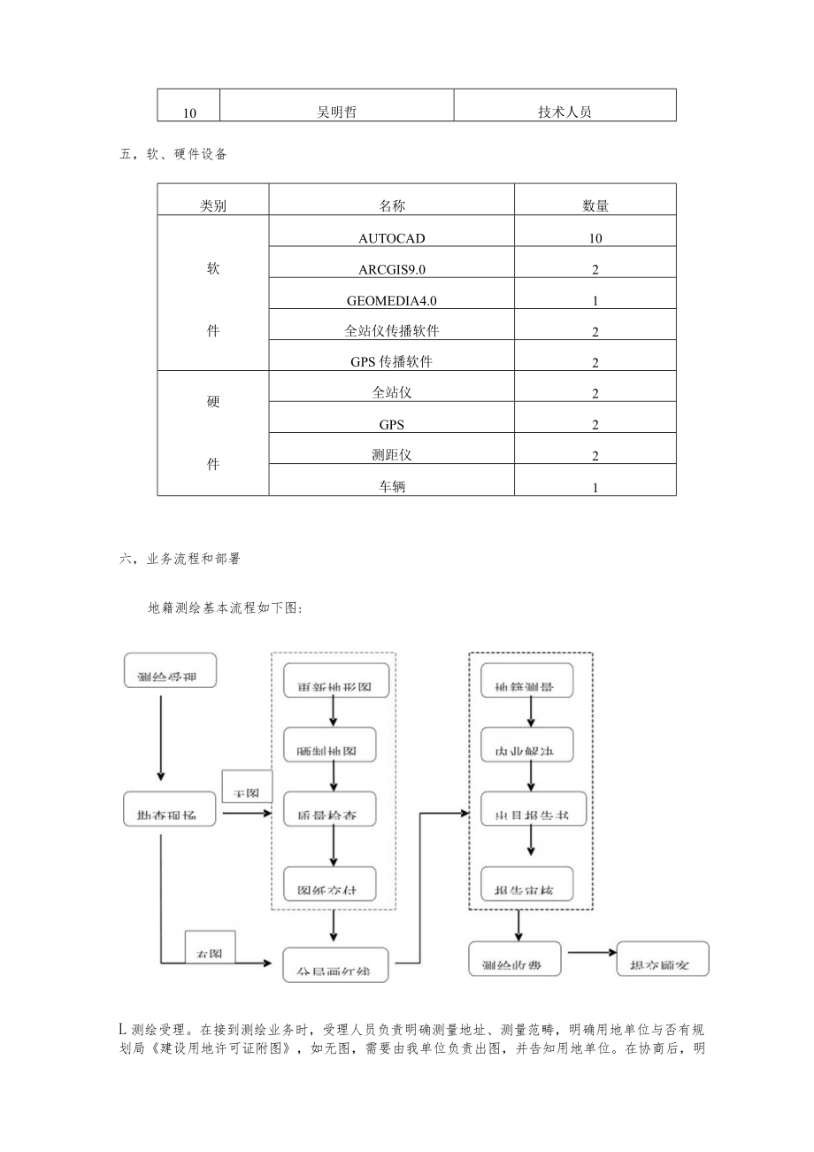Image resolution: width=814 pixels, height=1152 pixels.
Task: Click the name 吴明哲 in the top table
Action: [336, 112]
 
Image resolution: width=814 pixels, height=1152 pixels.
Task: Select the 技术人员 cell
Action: [564, 112]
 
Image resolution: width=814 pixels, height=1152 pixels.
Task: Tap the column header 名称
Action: [392, 205]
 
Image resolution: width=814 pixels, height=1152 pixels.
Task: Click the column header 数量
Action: [595, 205]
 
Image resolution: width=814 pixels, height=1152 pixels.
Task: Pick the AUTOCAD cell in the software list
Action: [392, 237]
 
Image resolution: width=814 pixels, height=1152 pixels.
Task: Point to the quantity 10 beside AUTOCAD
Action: [595, 238]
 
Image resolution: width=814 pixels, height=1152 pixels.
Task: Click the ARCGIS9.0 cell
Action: [392, 268]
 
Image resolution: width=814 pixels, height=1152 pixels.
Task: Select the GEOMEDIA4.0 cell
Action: [392, 300]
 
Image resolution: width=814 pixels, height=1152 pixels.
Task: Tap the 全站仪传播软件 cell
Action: [392, 331]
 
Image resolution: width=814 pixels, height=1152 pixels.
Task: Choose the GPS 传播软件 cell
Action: [392, 362]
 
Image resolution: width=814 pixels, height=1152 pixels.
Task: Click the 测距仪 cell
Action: [392, 455]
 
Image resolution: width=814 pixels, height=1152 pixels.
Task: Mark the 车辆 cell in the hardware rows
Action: [392, 486]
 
